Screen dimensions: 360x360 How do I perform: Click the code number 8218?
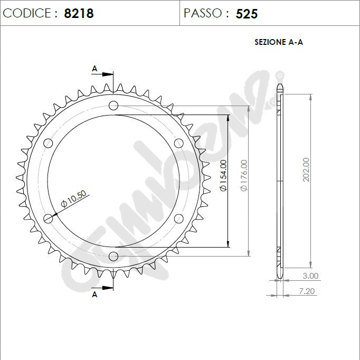pos(79,13)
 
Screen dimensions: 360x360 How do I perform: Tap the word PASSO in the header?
pos(203,13)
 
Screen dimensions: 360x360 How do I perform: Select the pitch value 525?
pos(247,14)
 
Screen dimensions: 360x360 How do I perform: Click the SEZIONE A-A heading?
pos(279,43)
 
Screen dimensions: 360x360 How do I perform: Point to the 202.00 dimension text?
pos(306,170)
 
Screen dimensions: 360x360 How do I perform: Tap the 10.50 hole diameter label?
pos(73,198)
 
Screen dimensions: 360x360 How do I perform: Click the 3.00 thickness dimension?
pos(310,276)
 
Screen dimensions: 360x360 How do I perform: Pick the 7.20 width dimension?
pos(307,291)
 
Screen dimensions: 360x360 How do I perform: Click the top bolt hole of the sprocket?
pos(113,105)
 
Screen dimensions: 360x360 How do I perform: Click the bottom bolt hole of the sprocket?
pos(113,256)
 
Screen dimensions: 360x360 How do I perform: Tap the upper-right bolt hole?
pos(178,143)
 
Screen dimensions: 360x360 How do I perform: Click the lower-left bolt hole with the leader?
pos(48,218)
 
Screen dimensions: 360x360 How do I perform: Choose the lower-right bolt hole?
pos(178,218)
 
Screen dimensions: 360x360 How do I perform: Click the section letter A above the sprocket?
pos(95,68)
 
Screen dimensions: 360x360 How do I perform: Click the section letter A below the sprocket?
pos(95,295)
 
